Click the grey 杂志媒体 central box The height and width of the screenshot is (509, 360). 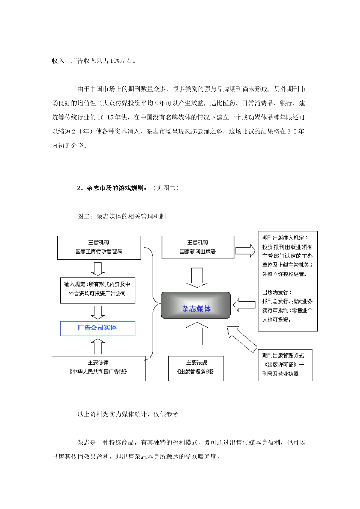(x=196, y=305)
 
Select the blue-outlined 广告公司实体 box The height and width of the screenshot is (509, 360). (x=97, y=328)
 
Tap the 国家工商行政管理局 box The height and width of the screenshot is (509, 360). (x=99, y=248)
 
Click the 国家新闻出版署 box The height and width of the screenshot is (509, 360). (x=197, y=247)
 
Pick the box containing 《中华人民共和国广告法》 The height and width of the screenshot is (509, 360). (x=98, y=368)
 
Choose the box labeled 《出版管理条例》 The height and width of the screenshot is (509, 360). (x=196, y=368)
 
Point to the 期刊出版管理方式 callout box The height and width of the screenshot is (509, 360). (x=285, y=365)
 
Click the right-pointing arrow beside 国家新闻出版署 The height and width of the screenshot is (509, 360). (x=245, y=250)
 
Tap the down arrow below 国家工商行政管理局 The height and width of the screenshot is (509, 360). (x=98, y=269)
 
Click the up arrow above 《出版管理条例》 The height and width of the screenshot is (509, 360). (x=197, y=333)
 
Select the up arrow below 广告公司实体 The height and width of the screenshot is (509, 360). (x=98, y=345)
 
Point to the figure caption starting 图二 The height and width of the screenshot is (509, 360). (x=121, y=216)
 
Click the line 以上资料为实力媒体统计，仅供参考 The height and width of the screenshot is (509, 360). (x=128, y=414)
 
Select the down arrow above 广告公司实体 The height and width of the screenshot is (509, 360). (x=98, y=312)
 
